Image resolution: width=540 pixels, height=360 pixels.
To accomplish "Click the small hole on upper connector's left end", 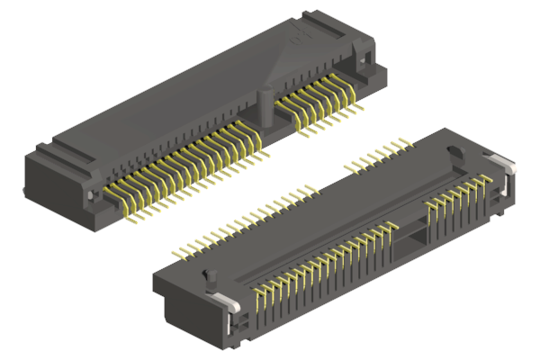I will pos(91,193).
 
